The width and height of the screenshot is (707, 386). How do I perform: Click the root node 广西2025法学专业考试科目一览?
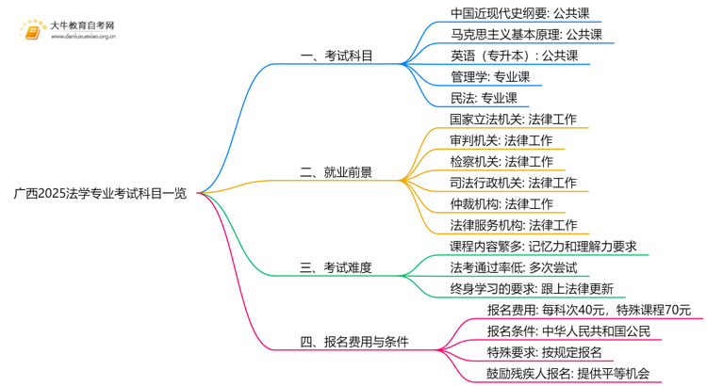point(100,194)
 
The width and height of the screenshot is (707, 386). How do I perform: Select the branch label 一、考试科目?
point(337,56)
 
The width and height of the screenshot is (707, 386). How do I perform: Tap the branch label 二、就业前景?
point(336,172)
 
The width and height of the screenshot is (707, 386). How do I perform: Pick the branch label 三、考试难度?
point(336,267)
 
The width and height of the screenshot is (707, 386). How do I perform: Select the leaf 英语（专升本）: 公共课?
point(514,56)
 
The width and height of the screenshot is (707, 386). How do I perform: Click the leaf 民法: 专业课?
point(484,97)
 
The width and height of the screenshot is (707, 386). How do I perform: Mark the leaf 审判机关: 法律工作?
point(501,140)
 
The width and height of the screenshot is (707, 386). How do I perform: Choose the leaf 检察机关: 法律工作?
point(501,161)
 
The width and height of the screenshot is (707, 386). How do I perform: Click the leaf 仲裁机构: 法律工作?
point(501,203)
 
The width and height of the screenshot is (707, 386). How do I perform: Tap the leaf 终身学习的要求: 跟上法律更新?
point(532,289)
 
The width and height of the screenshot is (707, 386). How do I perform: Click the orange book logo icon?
point(33,31)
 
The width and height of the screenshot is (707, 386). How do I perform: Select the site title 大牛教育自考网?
point(82,24)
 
